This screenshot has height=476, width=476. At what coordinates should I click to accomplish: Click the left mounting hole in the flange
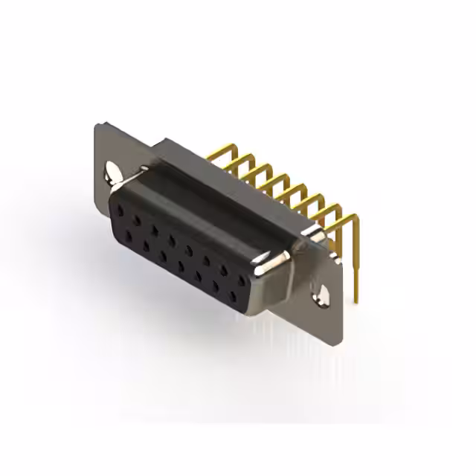tap(112, 170)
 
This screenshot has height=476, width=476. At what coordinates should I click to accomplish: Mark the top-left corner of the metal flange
tap(97, 125)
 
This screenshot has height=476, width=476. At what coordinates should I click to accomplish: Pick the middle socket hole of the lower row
tap(181, 266)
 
